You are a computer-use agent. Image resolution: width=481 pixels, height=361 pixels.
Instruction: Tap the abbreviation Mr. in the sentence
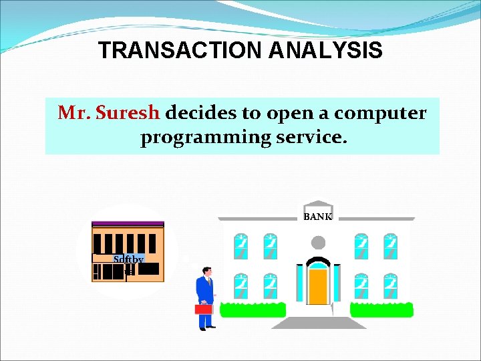[74, 113]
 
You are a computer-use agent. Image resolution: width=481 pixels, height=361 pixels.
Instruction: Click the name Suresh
[128, 113]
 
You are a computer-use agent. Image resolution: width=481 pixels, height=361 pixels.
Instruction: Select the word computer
[380, 113]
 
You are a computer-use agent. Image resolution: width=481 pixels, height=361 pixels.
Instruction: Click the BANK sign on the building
[318, 217]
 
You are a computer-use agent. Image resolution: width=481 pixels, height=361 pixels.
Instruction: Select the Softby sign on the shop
[128, 259]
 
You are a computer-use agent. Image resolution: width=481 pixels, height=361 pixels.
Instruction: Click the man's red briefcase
[203, 309]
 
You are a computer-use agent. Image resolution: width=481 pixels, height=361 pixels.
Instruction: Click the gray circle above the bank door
[319, 242]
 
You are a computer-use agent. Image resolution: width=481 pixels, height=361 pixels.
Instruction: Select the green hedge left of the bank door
[253, 310]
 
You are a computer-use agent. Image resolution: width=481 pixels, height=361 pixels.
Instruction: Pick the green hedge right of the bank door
[381, 310]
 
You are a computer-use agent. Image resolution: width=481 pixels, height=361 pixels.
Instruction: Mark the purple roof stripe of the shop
[128, 224]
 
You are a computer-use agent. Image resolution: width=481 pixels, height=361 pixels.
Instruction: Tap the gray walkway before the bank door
[319, 323]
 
